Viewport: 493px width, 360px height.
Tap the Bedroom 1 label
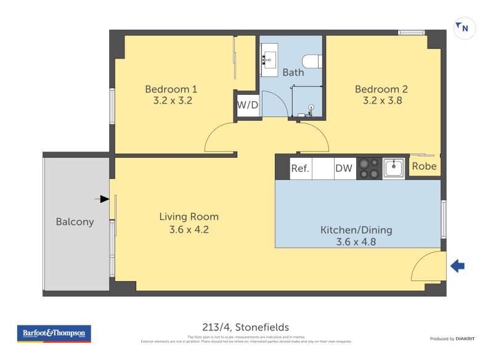tap(172, 89)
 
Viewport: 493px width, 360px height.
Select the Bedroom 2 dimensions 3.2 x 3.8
tap(381, 101)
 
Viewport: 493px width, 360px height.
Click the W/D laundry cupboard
tap(248, 105)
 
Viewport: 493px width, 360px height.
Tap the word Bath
tap(293, 73)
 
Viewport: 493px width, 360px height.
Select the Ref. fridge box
tap(300, 168)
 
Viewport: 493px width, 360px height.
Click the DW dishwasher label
tap(343, 168)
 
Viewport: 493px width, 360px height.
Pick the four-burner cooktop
tap(369, 168)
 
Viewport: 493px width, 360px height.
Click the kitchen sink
tap(393, 167)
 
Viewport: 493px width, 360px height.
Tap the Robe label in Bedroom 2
tap(424, 166)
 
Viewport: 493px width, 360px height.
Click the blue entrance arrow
tap(457, 266)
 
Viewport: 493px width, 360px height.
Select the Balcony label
tap(75, 222)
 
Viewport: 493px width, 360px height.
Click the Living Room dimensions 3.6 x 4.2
tap(189, 229)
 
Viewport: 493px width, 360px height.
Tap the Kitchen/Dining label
tap(356, 230)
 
